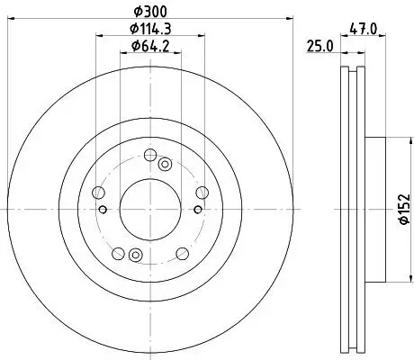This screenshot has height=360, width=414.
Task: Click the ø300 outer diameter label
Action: click(150, 10)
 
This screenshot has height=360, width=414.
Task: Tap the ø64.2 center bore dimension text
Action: click(150, 45)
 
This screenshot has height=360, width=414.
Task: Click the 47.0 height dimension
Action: click(364, 28)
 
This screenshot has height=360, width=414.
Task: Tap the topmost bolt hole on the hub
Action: click(151, 154)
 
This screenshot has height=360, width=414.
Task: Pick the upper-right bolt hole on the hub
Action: click(202, 191)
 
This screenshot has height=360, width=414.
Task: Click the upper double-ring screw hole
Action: click(165, 164)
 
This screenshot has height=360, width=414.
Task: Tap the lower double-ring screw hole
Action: click(135, 253)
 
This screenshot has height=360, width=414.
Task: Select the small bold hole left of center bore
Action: click(104, 211)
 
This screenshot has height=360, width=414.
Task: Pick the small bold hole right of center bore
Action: click(197, 211)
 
